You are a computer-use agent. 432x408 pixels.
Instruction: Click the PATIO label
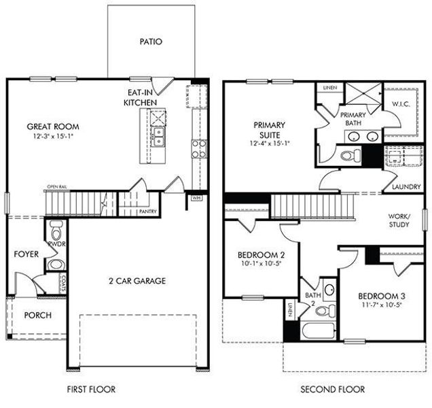(151, 41)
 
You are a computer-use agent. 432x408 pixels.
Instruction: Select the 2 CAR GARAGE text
(137, 280)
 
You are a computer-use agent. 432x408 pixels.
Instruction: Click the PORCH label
(37, 316)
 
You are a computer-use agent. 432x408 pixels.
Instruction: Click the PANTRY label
(147, 212)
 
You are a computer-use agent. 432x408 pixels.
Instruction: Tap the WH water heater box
(197, 198)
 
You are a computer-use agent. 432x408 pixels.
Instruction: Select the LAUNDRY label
(406, 187)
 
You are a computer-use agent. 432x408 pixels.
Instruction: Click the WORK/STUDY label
(398, 220)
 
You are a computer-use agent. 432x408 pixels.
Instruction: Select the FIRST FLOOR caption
(91, 390)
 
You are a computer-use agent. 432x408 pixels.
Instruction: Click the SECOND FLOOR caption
(332, 390)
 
